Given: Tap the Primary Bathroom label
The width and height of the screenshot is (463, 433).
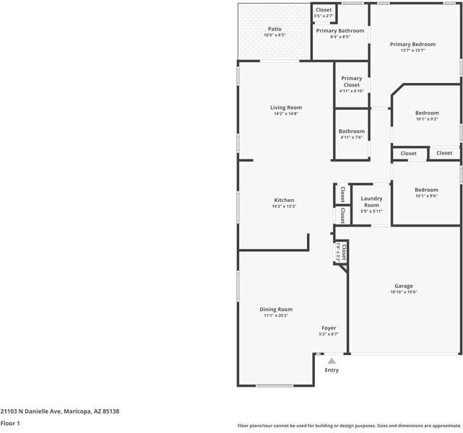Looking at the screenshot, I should click(340, 31).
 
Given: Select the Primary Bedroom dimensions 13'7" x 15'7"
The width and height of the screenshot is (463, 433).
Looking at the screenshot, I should click(412, 51).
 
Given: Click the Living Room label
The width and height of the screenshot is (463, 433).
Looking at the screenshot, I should click(286, 108).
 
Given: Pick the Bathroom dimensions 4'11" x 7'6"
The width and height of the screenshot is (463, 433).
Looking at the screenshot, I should click(352, 138).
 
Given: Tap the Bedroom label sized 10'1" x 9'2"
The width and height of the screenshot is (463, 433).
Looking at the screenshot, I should click(426, 113).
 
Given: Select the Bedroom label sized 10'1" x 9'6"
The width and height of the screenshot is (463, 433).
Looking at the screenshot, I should click(426, 190).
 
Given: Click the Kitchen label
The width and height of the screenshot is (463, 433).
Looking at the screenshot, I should click(284, 200).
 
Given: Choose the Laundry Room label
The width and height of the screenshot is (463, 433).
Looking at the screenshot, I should click(371, 201).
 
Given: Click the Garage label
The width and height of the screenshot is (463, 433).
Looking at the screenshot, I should click(404, 285).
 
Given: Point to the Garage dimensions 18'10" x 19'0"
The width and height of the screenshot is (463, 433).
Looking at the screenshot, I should click(404, 292).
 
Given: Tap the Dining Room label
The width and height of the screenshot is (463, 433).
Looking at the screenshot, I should click(276, 309).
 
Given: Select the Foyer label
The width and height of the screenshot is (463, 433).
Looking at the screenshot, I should click(329, 328).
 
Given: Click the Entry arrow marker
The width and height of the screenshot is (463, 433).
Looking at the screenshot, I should click(332, 361).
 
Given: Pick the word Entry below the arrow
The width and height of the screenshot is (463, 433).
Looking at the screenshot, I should click(332, 370).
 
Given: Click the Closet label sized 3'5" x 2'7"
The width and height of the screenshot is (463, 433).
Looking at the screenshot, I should click(324, 10).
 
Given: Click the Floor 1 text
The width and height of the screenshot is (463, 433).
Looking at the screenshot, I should click(10, 424).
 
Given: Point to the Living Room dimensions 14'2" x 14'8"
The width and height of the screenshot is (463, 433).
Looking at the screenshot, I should click(286, 114).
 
